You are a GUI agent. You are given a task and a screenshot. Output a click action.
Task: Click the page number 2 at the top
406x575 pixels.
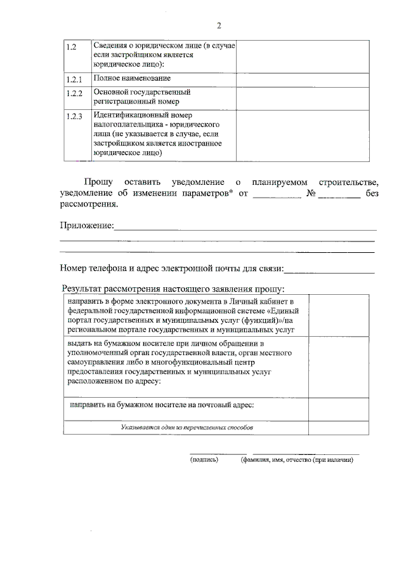tap(219, 26)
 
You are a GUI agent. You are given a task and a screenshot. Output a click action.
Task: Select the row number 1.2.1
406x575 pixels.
tap(75, 80)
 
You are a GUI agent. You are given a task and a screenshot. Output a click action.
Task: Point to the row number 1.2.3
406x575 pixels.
tap(75, 117)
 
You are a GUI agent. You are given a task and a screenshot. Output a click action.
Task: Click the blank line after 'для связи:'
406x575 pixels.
tap(329, 269)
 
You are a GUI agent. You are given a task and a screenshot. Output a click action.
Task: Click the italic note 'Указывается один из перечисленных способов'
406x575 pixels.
tap(187, 428)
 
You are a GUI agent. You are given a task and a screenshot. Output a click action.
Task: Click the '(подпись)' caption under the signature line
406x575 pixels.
tap(204, 459)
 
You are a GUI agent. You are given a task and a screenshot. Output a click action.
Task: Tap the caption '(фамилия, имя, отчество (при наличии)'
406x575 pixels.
tap(297, 459)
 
